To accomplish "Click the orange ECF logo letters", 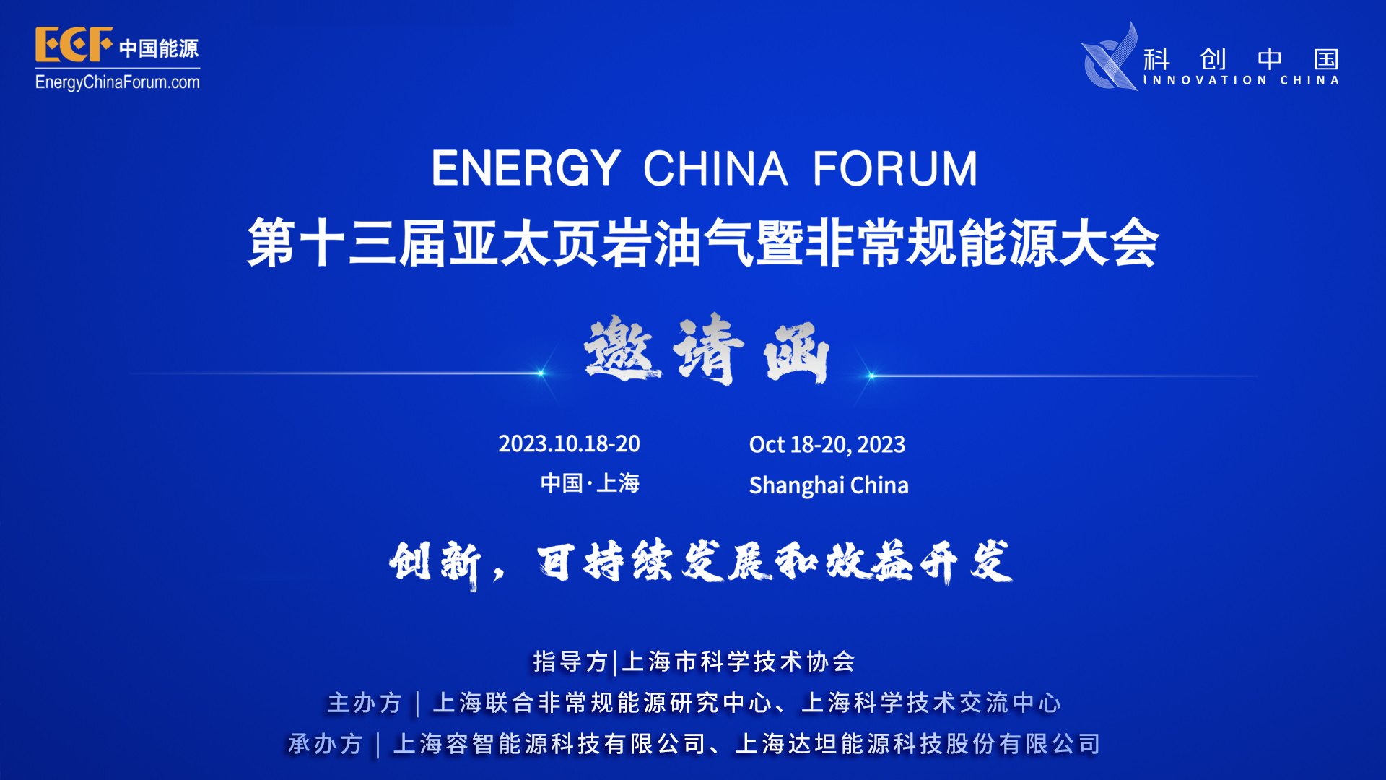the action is pos(74,45).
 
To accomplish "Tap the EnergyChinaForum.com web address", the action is pos(118,82).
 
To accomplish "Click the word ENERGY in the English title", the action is pos(526,168).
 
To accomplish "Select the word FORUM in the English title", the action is pos(895,168).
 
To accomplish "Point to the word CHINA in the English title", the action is pos(715,168).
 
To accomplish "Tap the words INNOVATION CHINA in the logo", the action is pos(1242,80).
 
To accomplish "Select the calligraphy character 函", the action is pos(797,352).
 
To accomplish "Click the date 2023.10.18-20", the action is pos(569,443).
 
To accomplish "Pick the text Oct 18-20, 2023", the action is pos(827,444).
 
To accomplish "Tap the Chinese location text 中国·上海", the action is pos(590,483).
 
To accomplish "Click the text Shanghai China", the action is pos(829,485).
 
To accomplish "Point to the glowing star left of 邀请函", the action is pos(541,373).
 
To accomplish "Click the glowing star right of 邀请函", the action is pos(871,376).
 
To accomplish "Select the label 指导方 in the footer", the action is pos(570,662).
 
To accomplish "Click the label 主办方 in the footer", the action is pos(365,703).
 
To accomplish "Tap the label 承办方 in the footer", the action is pos(325,744).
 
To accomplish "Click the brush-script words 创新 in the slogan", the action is pos(435,563).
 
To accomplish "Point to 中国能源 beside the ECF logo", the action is pos(159,48).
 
